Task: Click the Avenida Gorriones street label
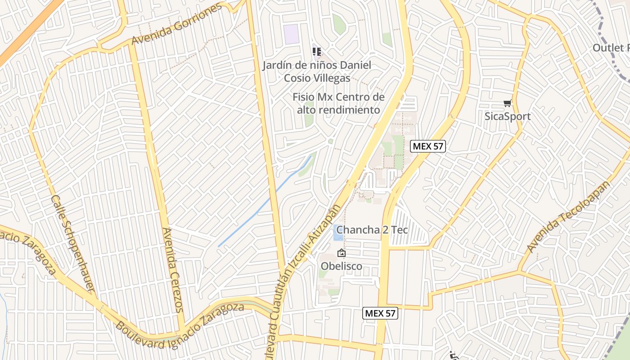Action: point(177,24)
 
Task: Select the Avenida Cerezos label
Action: point(173,270)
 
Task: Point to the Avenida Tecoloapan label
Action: point(569,217)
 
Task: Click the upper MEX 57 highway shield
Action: point(428,146)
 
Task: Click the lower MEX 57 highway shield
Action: point(380,313)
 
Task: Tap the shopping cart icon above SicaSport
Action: point(508,103)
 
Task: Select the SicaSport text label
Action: point(508,117)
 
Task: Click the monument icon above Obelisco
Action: point(342,253)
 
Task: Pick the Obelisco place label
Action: point(342,266)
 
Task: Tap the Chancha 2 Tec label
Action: point(372,230)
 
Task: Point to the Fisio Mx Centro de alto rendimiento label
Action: point(338,103)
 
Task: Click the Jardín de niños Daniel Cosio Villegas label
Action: point(317,72)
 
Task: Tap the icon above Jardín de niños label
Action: point(317,52)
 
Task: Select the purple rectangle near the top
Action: point(292,34)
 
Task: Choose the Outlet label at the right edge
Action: point(611,48)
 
